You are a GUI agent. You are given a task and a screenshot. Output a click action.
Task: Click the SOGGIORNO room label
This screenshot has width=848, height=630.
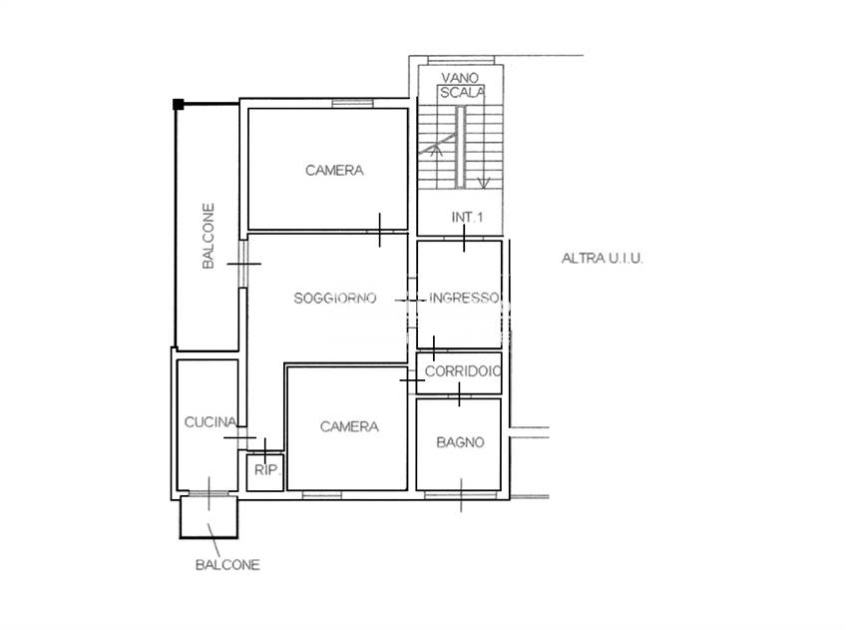[x=335, y=298]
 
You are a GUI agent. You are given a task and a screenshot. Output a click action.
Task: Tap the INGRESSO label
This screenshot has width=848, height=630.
[x=464, y=298]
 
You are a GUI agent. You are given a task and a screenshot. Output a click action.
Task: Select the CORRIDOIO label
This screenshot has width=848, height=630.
[x=462, y=371]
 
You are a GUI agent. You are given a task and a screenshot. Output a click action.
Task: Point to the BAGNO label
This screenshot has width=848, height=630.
[x=460, y=442]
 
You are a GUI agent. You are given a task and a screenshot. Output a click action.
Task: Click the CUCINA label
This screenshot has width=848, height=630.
[x=211, y=421]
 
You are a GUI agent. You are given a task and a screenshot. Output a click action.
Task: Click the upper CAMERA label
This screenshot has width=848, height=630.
[x=334, y=171]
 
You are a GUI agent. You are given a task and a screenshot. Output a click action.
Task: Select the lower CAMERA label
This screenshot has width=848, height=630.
[x=349, y=426]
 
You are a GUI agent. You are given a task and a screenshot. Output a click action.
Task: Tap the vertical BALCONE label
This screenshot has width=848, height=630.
[x=209, y=236]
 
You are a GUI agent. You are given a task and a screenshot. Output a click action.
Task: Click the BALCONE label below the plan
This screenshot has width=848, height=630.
[x=227, y=565]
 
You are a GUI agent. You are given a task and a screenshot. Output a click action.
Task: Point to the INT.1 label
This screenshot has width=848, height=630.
[x=467, y=217]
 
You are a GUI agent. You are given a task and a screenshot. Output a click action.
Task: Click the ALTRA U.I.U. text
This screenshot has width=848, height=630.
[x=602, y=259]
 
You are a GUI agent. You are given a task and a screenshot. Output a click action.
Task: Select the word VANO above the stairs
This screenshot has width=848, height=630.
[x=460, y=78]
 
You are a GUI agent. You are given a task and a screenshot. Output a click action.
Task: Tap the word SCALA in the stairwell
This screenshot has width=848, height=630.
[x=462, y=93]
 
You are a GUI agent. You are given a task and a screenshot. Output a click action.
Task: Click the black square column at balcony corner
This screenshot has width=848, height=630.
[x=178, y=105]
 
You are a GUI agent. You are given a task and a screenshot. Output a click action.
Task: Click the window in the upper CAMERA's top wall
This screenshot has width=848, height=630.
[x=352, y=103]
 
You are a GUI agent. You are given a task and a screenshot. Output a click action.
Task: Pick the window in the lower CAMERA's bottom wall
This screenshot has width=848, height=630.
[x=322, y=494]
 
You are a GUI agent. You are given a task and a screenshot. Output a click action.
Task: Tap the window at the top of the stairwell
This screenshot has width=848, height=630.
[x=461, y=60]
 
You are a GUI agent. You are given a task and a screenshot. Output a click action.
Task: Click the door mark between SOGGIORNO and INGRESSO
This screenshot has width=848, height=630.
[x=410, y=300]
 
